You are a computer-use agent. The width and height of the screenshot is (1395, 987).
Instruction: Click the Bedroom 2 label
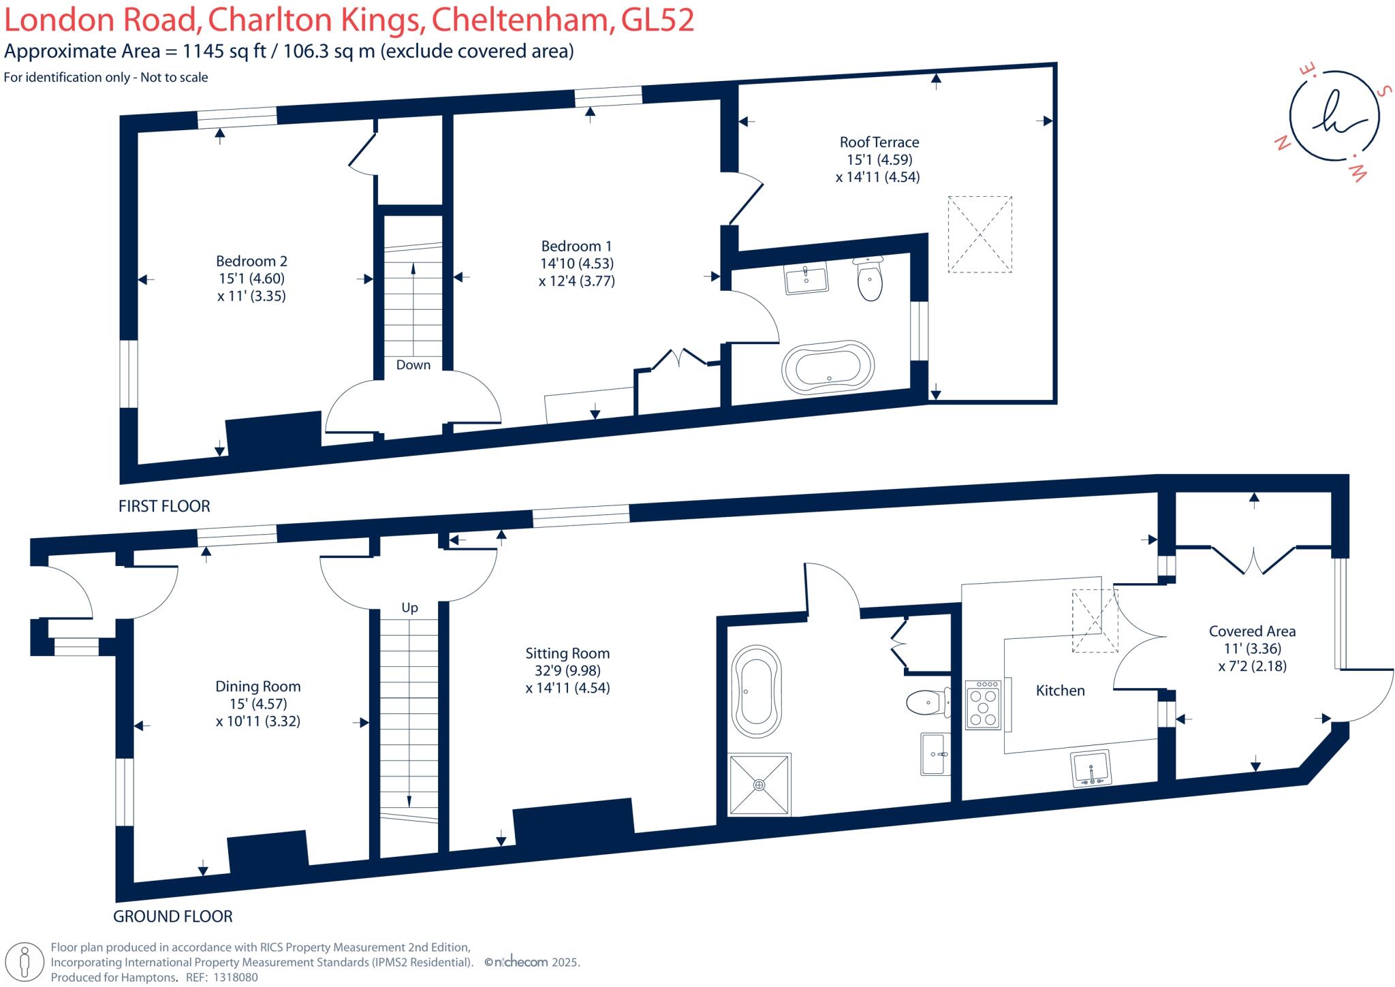251,261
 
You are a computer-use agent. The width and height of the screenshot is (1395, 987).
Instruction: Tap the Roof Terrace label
879,142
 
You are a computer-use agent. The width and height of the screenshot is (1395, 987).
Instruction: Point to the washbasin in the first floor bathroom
806,277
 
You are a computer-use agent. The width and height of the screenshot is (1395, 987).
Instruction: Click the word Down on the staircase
413,365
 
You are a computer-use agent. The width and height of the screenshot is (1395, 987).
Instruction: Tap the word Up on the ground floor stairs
409,608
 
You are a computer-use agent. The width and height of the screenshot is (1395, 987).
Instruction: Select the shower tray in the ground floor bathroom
759,784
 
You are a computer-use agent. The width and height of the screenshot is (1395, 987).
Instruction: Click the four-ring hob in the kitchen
983,704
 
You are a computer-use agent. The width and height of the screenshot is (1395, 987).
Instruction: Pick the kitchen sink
1091,768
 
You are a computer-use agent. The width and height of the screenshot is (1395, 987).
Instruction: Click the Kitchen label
1060,691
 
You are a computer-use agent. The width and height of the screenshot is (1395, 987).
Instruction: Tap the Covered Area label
1252,631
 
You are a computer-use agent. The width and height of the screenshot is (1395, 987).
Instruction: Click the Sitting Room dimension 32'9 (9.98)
567,671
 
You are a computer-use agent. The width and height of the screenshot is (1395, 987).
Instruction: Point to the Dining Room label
257,687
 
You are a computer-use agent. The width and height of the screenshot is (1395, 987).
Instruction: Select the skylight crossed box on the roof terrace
979,234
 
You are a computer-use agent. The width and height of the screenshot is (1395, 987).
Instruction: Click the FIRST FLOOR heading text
164,506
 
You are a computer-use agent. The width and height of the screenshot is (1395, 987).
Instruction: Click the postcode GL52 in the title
657,20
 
